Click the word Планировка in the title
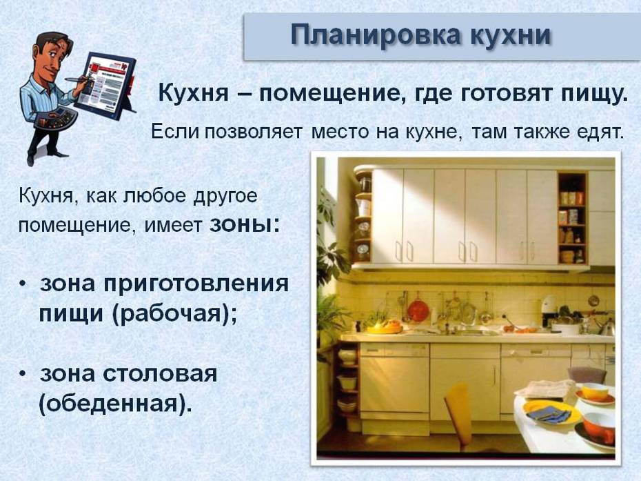coord(375,36)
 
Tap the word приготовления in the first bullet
coord(196,284)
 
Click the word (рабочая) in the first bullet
coord(173,315)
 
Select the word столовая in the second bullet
coord(160,374)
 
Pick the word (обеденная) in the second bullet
coord(116,404)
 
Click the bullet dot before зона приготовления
coord(23,284)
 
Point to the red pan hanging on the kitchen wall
coord(418,310)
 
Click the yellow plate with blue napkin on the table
coord(551,413)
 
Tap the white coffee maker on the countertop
coord(548,311)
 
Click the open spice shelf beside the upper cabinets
coord(572,218)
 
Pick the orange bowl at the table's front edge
coord(599,426)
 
